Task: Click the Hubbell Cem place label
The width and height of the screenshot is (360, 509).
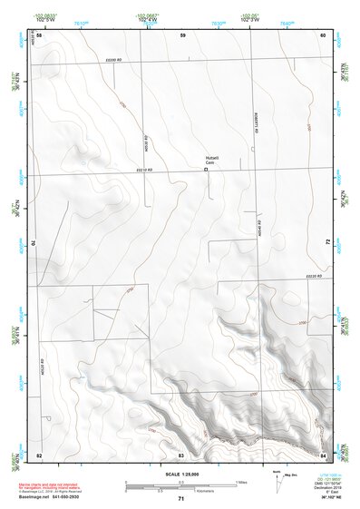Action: point(211,160)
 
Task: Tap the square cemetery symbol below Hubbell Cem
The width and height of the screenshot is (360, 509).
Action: point(207,168)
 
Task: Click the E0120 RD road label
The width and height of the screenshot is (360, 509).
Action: point(313,275)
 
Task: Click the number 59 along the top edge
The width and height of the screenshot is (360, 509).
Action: point(182,34)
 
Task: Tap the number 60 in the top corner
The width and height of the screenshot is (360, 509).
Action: point(323,34)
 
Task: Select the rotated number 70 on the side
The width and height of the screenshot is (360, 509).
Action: point(37,242)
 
